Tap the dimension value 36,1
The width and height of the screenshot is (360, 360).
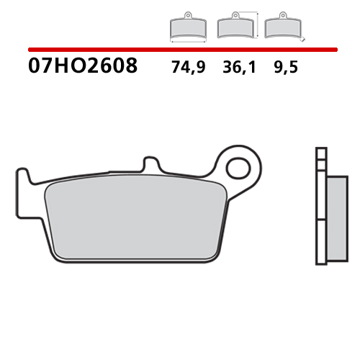[234, 68]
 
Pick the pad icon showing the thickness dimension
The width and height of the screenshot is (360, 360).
[280, 27]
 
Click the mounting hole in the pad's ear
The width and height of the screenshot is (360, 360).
[237, 168]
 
